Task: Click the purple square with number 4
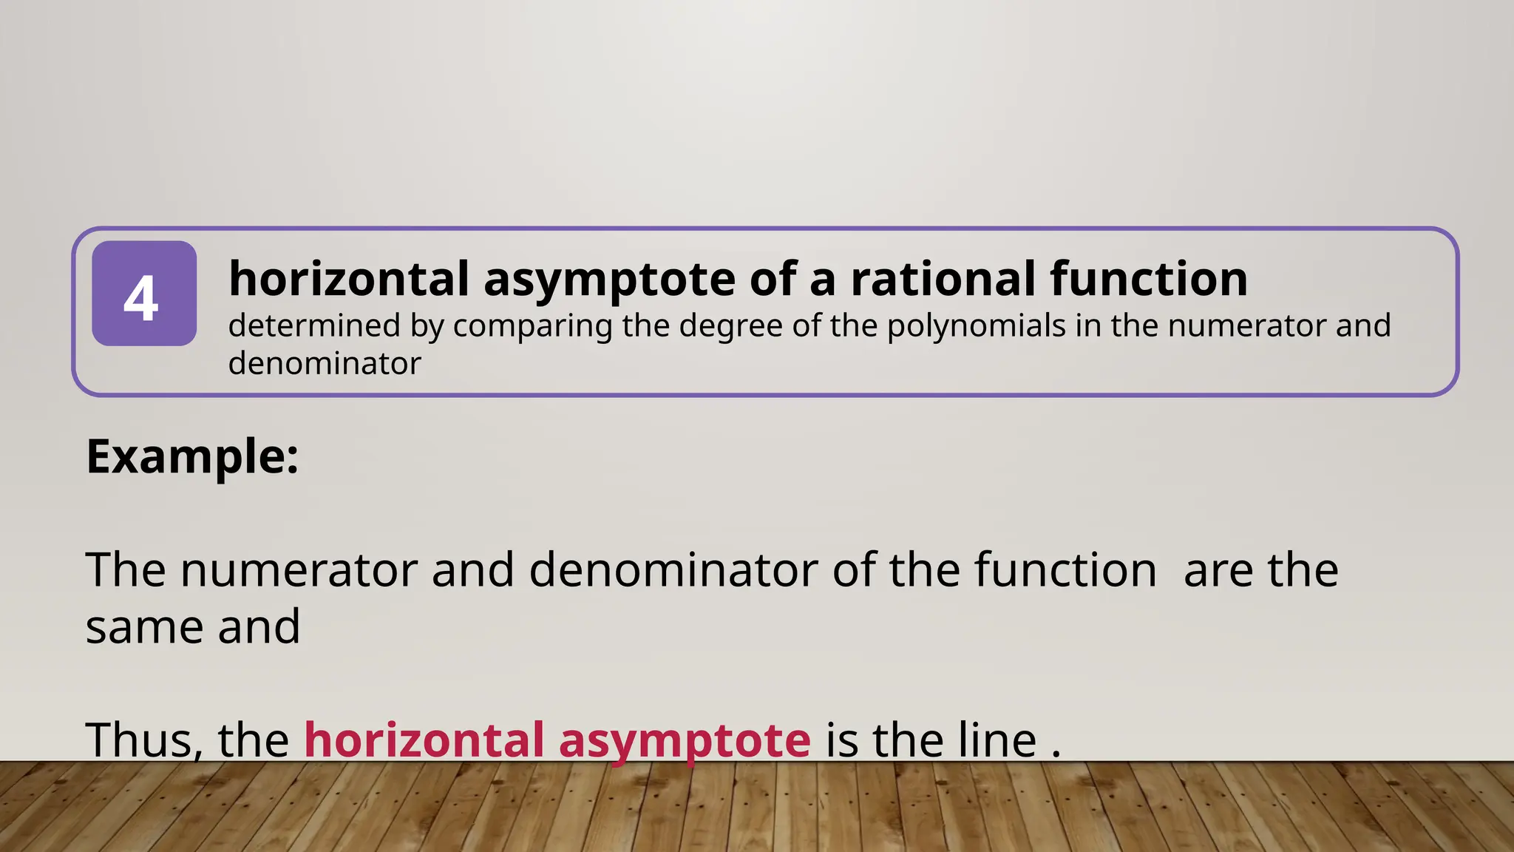click(144, 294)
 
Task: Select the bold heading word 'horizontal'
click(349, 279)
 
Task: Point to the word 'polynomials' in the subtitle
click(976, 326)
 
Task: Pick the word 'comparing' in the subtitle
click(532, 326)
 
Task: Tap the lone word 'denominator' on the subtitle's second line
click(325, 364)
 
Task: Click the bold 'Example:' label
click(192, 456)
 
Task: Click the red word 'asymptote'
click(685, 741)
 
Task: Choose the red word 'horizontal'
click(424, 740)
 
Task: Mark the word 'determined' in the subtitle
click(314, 326)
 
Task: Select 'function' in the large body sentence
click(1065, 570)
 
